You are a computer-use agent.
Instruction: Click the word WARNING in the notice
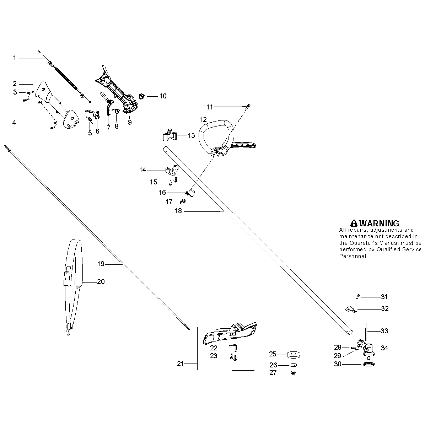(379, 224)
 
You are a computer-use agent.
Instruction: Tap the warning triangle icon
(354, 223)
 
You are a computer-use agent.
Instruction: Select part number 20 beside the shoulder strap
(101, 282)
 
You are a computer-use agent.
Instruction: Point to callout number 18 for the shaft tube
(178, 211)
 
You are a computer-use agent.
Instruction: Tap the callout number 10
(163, 96)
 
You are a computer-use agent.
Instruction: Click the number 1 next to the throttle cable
(15, 58)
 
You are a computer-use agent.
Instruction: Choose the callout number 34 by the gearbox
(384, 348)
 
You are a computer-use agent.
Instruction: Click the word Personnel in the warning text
(353, 256)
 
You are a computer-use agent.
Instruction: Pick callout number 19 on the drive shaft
(101, 264)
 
